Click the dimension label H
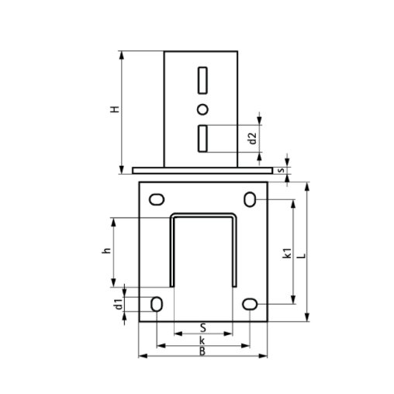click(114, 111)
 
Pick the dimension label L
click(301, 253)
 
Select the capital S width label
click(202, 328)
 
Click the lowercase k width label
click(202, 340)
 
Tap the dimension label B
click(202, 352)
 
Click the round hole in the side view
click(202, 109)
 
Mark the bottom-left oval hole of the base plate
click(157, 304)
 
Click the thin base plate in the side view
click(202, 169)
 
